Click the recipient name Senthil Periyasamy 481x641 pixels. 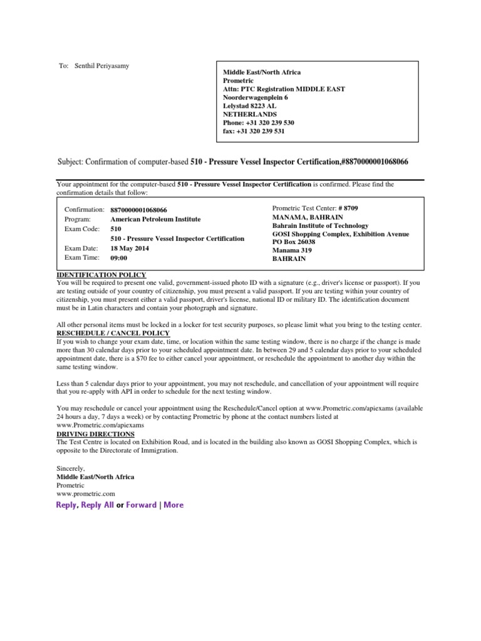click(102, 66)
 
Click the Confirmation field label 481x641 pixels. click(85, 210)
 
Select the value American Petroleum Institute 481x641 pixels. click(155, 219)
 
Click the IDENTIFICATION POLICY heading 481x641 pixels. click(101, 275)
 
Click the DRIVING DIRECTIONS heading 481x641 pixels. click(96, 434)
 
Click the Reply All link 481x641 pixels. click(97, 505)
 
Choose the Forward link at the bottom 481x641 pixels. click(141, 505)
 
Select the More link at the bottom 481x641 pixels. click(173, 505)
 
